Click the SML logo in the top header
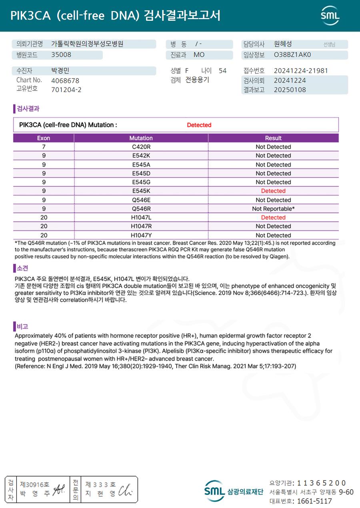[x=330, y=16]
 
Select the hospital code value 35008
[x=61, y=55]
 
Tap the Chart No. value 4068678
[x=65, y=80]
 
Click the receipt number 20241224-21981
[x=301, y=71]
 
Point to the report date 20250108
[x=290, y=90]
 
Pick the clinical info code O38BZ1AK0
[x=292, y=55]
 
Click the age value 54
[x=222, y=71]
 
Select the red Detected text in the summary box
[x=199, y=125]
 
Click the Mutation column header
[x=141, y=138]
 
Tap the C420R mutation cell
[x=141, y=147]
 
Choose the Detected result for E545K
[x=273, y=191]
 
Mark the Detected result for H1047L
[x=273, y=217]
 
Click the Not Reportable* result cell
[x=273, y=209]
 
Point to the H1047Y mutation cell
[x=141, y=235]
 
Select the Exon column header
[x=44, y=138]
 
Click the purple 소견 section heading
[x=22, y=268]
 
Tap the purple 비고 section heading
[x=22, y=327]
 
